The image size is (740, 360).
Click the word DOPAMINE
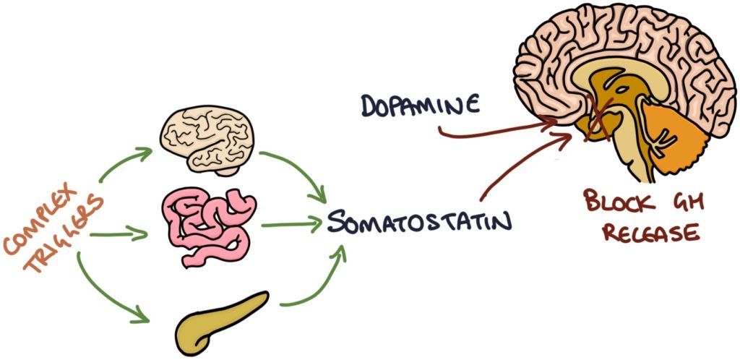[419, 106]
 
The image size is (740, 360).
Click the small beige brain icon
[206, 140]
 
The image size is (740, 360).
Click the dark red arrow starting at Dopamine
[499, 130]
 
